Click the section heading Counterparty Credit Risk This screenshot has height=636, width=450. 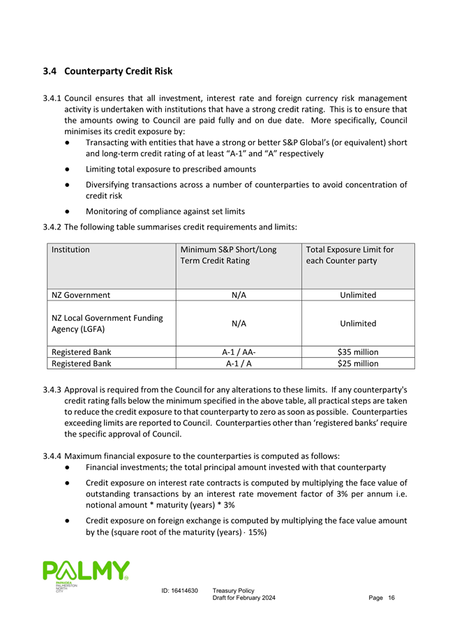click(107, 71)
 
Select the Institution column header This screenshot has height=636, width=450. click(70, 250)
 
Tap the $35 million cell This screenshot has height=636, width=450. click(358, 351)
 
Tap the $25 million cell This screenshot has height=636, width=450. click(358, 363)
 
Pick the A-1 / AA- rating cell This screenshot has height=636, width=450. click(238, 351)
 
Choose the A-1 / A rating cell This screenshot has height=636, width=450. click(238, 363)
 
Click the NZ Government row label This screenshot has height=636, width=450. click(81, 295)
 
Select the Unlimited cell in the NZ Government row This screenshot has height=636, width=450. click(358, 295)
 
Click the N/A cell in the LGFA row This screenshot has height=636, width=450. click(238, 324)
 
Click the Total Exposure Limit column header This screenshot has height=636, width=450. click(350, 255)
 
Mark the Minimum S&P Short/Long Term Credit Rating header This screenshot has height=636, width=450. click(228, 255)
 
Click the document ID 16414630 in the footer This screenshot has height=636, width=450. click(179, 591)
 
